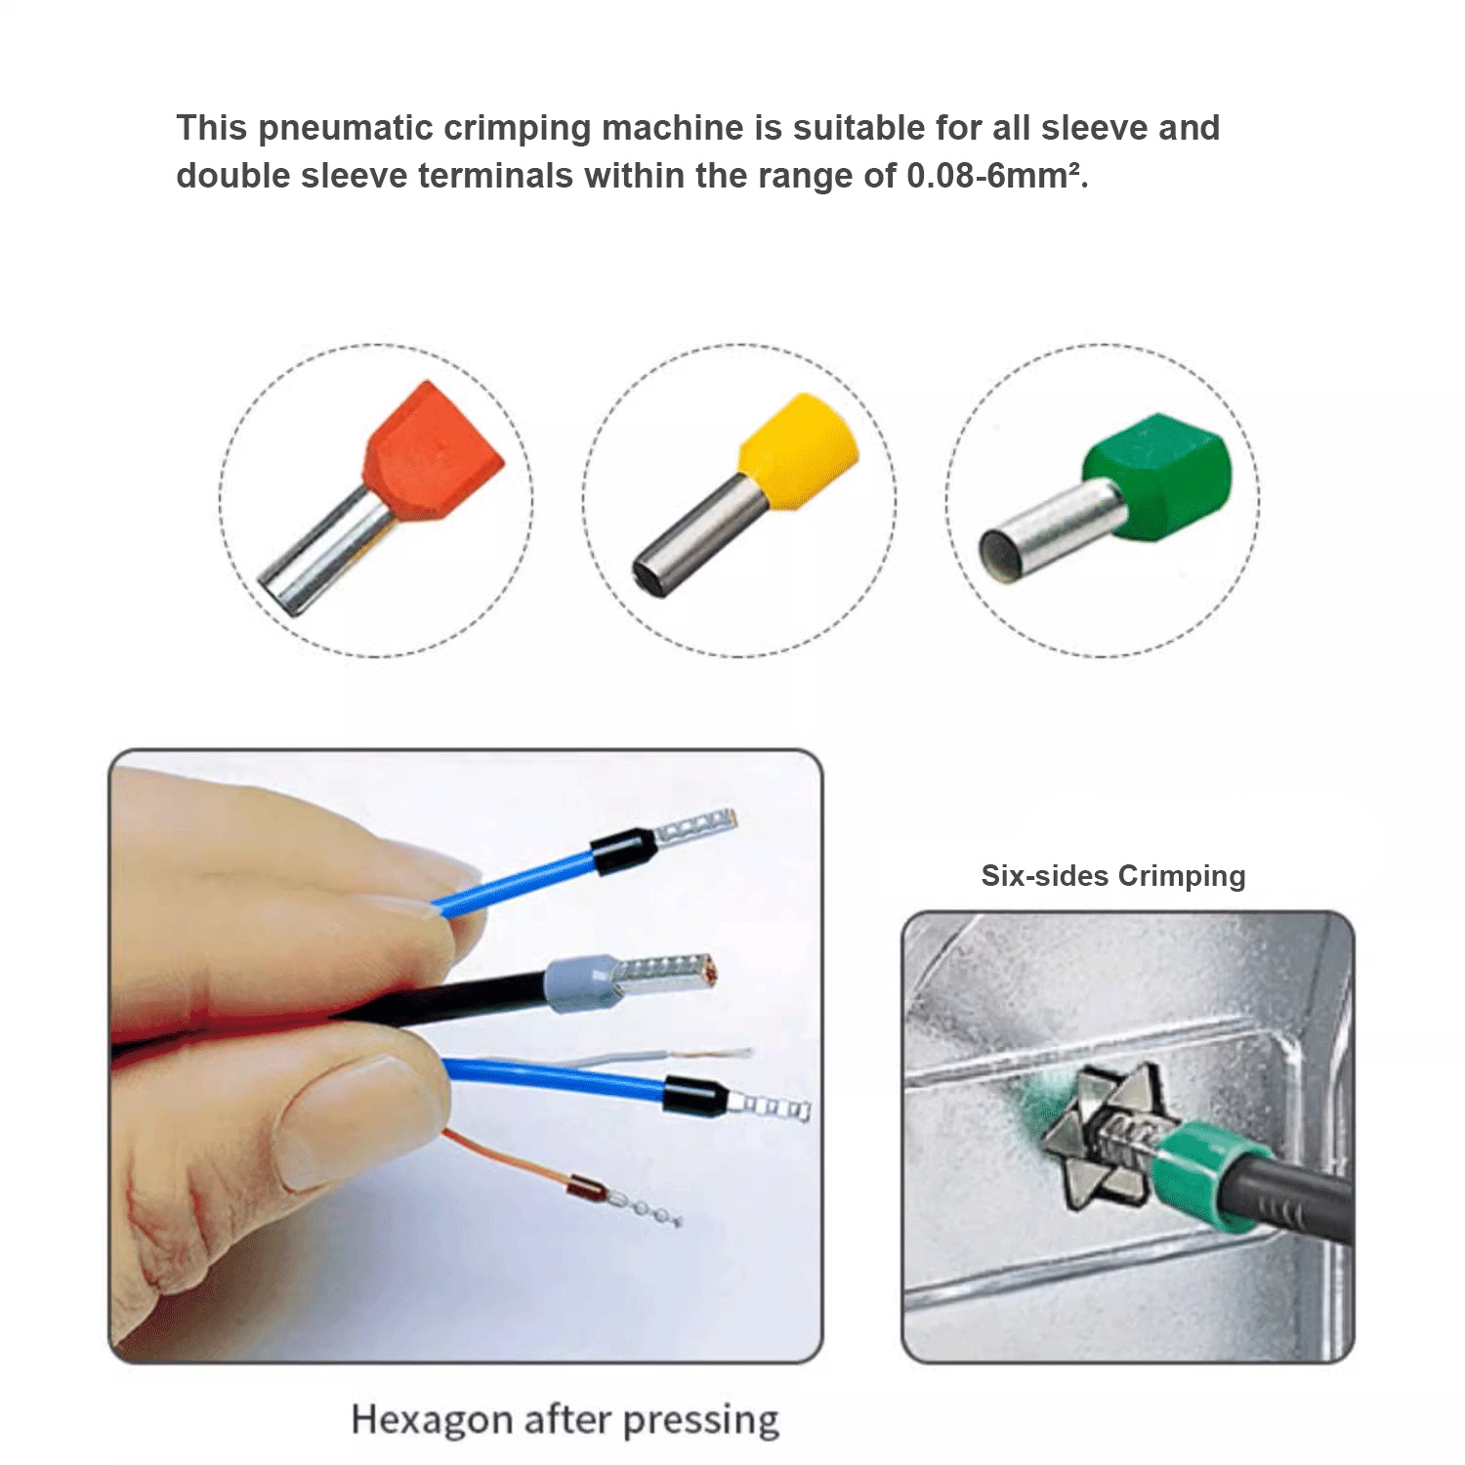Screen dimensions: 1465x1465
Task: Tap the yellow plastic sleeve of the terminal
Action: point(800,451)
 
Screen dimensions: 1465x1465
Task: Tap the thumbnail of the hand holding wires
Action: point(466,1056)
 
